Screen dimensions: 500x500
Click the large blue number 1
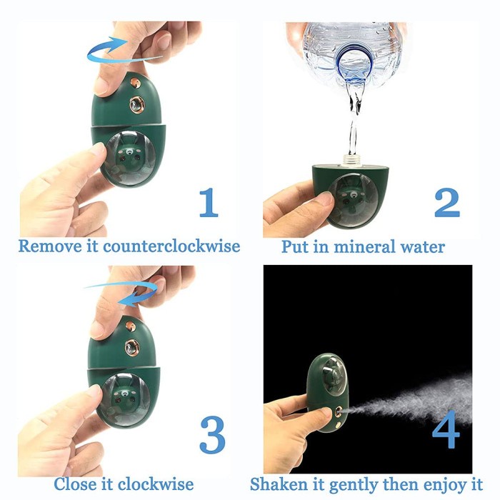[x=208, y=201]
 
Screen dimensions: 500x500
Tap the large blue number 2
[x=446, y=201]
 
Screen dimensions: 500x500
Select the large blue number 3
[x=211, y=434]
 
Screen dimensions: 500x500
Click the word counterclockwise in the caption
[x=171, y=247]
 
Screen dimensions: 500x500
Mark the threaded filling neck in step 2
[x=351, y=156]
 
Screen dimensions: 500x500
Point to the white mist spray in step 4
[x=421, y=396]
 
